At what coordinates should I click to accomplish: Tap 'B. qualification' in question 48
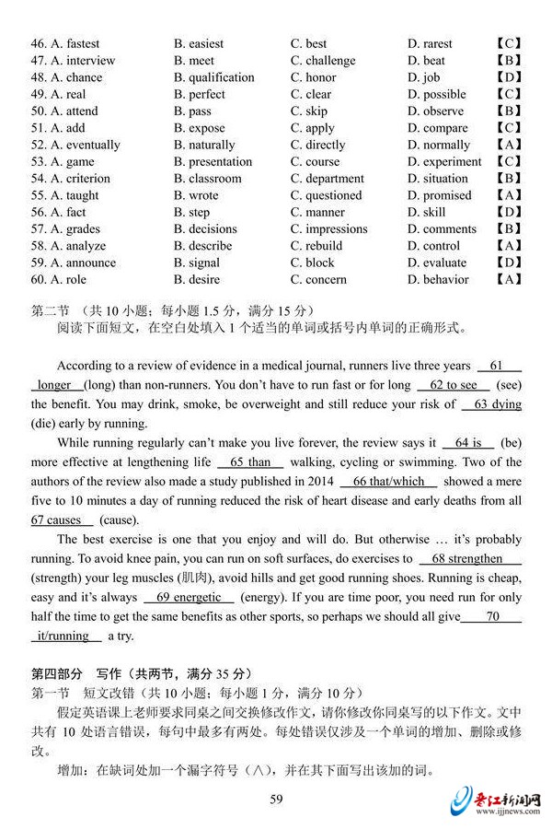213,77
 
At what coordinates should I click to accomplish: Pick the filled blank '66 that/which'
387,482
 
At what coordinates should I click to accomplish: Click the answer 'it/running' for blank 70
63,636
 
